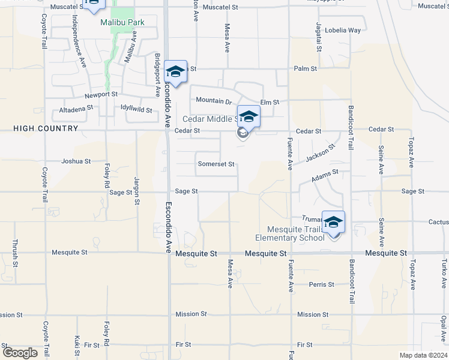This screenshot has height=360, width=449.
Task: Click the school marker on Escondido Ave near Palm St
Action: tap(175, 71)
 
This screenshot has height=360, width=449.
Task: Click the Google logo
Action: tap(20, 353)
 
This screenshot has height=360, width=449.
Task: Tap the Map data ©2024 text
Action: tap(423, 355)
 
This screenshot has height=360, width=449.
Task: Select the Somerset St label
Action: tap(215, 164)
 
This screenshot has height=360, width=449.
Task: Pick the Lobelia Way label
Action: tap(346, 30)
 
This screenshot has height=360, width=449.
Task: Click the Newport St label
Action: tap(100, 95)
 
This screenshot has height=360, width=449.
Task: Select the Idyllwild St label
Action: tap(136, 109)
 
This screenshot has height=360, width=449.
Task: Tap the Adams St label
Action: tap(325, 175)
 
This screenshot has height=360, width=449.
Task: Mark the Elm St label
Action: tap(270, 103)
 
